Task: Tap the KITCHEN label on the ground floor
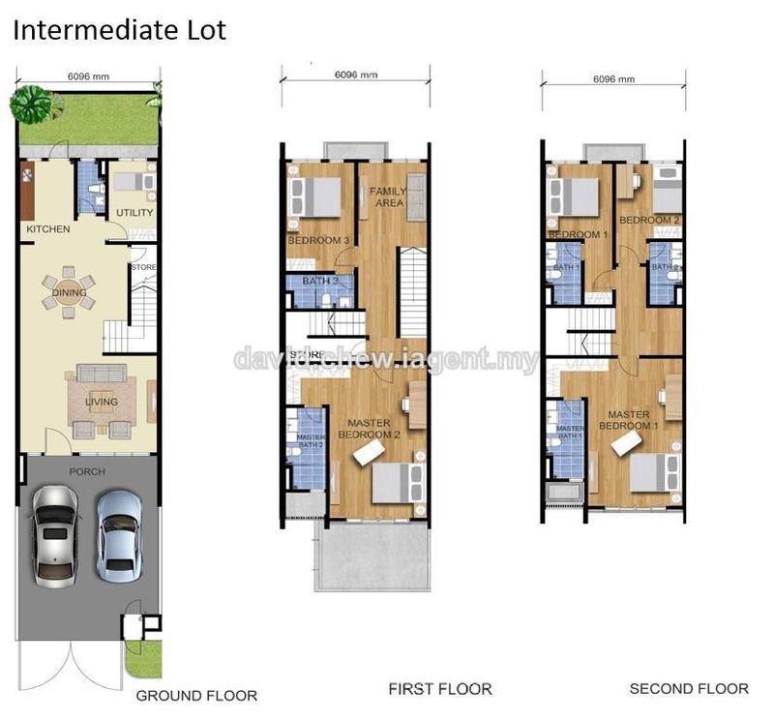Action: [x=47, y=229]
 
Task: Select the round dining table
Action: [x=70, y=292]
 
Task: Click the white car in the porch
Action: [x=55, y=534]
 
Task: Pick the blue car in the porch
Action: [x=118, y=530]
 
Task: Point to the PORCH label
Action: [x=88, y=472]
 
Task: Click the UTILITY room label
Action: [x=134, y=213]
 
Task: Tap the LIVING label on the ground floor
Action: [x=101, y=402]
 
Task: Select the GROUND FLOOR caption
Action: [x=196, y=695]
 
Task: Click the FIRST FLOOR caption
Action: [x=440, y=689]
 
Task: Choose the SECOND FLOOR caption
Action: [x=689, y=689]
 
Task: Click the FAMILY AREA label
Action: [x=387, y=197]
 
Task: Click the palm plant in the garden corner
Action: [x=32, y=100]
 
